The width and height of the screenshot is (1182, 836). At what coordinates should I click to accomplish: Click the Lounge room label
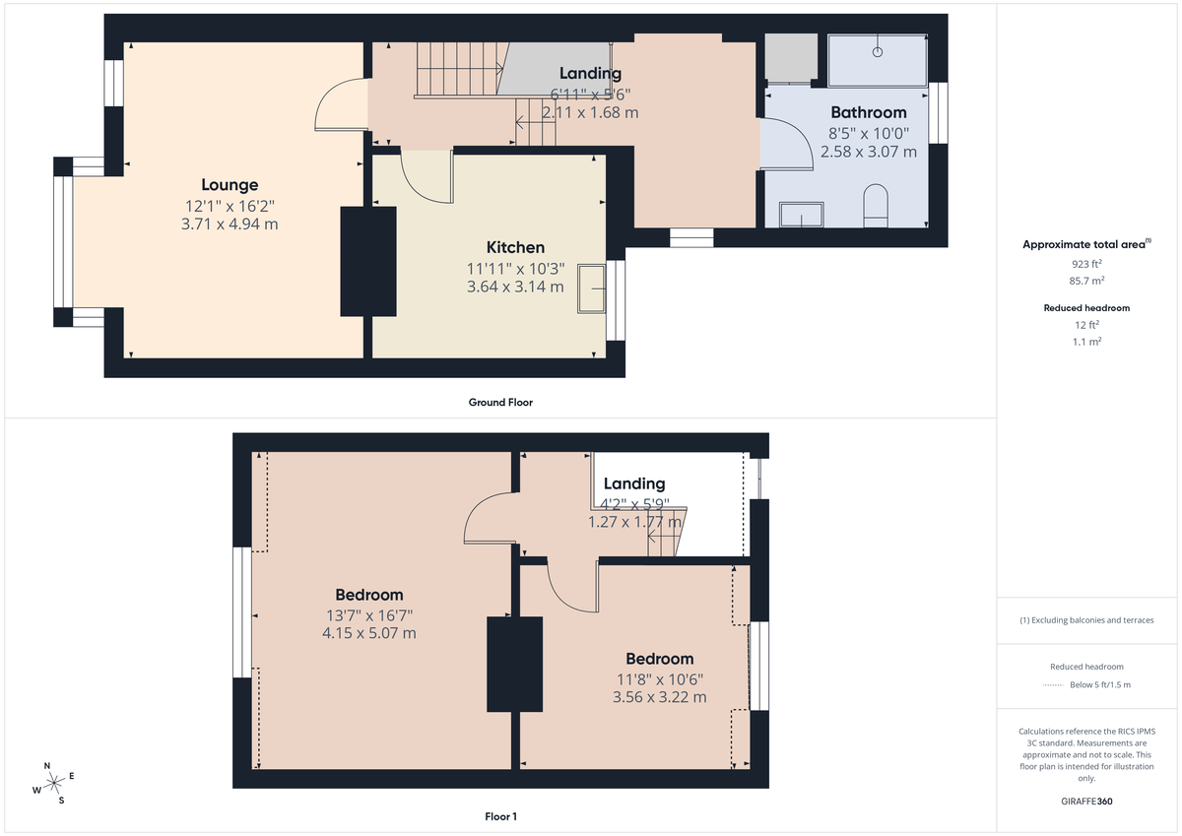(230, 185)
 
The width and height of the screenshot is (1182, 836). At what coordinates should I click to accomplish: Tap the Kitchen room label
(515, 247)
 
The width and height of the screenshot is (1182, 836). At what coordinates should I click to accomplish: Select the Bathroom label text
(868, 112)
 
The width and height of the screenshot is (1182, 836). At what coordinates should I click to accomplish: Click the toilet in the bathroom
(874, 205)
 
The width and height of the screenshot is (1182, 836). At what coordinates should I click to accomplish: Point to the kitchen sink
(592, 288)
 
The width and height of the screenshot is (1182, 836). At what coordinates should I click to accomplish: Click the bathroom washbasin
(801, 215)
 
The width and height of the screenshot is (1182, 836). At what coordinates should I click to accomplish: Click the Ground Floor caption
(500, 402)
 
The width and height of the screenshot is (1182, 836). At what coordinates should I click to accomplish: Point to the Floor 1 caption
(500, 816)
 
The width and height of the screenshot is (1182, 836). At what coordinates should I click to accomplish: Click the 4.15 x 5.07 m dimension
(369, 633)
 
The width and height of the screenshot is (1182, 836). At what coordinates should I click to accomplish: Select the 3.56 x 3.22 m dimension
(660, 697)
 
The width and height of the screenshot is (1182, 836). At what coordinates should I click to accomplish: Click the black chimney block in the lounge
(367, 261)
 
